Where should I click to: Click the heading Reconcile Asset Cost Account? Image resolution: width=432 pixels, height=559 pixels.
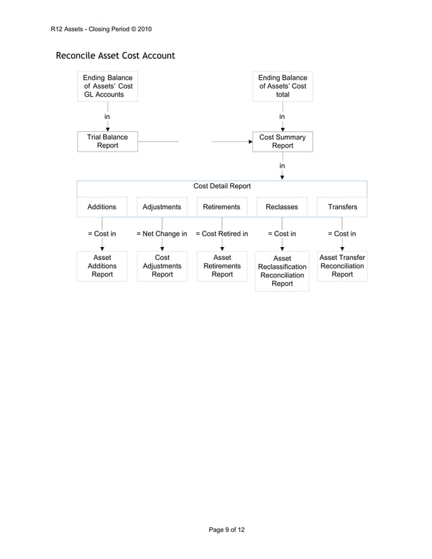(x=115, y=55)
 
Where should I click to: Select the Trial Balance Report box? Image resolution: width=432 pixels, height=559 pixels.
(x=108, y=141)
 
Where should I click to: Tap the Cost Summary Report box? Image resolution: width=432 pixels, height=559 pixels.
(x=282, y=141)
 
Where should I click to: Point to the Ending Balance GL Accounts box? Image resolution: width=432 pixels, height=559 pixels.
(x=108, y=86)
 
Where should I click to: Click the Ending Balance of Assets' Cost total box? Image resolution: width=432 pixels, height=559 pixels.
(x=282, y=86)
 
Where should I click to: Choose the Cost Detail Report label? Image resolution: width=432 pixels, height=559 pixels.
(x=222, y=186)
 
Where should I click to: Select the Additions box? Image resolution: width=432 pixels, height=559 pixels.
(x=102, y=207)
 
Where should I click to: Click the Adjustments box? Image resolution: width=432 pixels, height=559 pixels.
(x=162, y=207)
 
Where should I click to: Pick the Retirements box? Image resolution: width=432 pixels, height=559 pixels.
(x=221, y=207)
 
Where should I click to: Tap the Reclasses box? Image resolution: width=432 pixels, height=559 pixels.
(x=282, y=207)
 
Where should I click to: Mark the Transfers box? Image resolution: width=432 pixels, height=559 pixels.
(x=342, y=207)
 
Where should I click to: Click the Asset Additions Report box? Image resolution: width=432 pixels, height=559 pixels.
(x=102, y=266)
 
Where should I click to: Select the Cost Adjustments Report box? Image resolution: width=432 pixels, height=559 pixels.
(x=162, y=266)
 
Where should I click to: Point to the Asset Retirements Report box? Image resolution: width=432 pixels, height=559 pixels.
(x=222, y=266)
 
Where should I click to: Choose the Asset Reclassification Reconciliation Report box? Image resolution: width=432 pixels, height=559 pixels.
(x=282, y=271)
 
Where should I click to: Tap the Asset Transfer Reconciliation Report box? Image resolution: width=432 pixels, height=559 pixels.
(x=342, y=266)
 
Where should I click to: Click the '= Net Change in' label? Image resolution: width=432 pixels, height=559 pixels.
(x=162, y=234)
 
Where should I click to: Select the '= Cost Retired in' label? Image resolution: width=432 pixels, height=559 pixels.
(x=221, y=234)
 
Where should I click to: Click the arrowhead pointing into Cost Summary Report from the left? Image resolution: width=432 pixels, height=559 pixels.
(x=250, y=142)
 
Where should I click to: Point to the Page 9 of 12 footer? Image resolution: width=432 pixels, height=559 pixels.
(x=226, y=529)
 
